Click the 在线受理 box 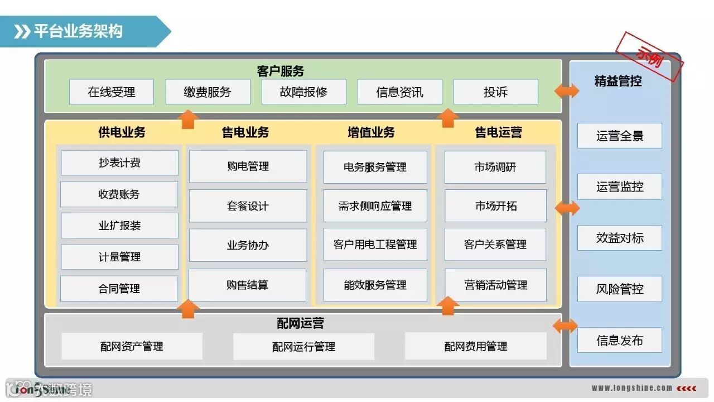(x=112, y=92)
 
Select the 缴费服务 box (x=208, y=92)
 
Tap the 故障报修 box (x=303, y=92)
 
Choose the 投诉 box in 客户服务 (x=495, y=92)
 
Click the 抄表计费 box (x=119, y=163)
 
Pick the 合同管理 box (x=119, y=289)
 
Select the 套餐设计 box (x=248, y=206)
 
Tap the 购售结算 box (x=248, y=285)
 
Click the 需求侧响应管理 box (x=375, y=206)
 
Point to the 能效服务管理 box (x=375, y=285)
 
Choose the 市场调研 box (x=495, y=167)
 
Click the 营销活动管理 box (x=495, y=285)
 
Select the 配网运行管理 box (x=303, y=347)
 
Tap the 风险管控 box (x=619, y=289)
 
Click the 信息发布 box (x=619, y=341)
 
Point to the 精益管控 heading (x=618, y=82)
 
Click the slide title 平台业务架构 (x=78, y=31)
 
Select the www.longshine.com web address (x=631, y=388)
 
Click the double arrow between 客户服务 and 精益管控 (x=567, y=91)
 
